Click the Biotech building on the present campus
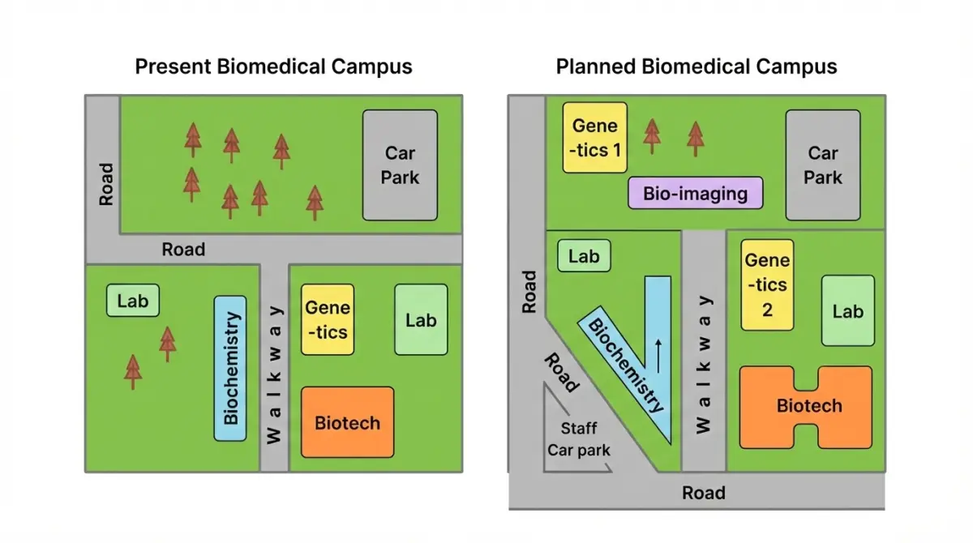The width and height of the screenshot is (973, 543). point(347,422)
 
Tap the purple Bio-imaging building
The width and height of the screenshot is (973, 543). point(695,194)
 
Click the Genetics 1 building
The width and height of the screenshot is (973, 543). point(595,137)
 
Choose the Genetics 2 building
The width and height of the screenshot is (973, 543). point(767,284)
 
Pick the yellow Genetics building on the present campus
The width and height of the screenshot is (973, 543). point(328,319)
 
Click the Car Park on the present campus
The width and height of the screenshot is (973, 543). point(400,165)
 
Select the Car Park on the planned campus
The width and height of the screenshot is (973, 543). point(823,165)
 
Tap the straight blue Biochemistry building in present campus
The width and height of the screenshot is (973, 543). point(230,368)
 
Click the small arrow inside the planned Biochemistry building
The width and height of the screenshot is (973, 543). point(658,354)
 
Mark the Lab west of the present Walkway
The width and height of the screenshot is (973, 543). point(133,301)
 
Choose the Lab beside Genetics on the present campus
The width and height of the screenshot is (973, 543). point(421,319)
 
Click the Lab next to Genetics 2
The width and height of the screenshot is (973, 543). point(848,310)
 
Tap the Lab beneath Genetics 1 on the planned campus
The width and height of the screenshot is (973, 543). point(584,257)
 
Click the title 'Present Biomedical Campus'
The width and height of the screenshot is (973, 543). point(273,66)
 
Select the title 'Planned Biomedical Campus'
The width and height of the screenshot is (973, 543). point(697,66)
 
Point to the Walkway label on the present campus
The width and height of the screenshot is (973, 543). point(275,374)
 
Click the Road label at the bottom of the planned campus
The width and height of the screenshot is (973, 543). point(703,493)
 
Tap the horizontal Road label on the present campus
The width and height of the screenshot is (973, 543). point(183,250)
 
